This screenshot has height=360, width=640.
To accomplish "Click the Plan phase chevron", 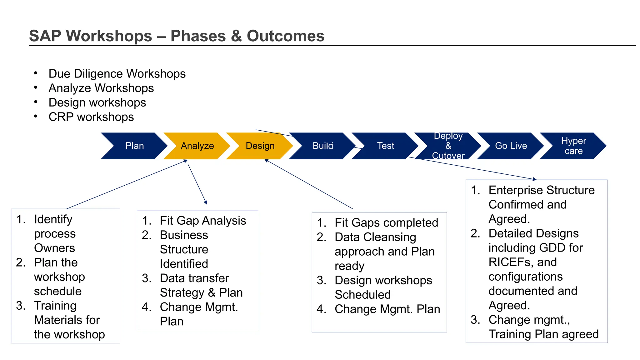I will [x=134, y=146].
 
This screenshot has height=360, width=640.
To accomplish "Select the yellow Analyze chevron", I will [x=197, y=146].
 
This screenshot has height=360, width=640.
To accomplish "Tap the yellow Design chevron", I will [x=260, y=146].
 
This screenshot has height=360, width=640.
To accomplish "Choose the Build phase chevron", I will [x=323, y=146].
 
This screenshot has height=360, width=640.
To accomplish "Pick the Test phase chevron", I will [x=385, y=146].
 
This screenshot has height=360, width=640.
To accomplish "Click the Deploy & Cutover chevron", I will [x=448, y=146].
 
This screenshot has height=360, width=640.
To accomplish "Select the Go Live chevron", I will [x=511, y=146].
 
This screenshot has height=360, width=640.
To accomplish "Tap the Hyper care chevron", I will [x=573, y=146].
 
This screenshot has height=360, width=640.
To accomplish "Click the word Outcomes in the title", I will [x=285, y=36].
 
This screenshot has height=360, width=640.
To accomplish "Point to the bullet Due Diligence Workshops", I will [x=117, y=74].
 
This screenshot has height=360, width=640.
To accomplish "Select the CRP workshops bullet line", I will [x=91, y=117].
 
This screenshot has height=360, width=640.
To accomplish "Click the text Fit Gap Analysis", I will [x=203, y=221].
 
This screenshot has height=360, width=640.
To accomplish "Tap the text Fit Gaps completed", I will [x=386, y=223].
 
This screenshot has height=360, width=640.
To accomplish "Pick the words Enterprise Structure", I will [x=542, y=190].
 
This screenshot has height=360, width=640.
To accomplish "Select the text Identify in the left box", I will [x=53, y=219].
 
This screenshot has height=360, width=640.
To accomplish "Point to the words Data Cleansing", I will [x=375, y=237].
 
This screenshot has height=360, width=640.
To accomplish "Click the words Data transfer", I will [x=194, y=278].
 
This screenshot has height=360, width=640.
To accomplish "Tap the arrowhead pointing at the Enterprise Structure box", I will [x=535, y=179].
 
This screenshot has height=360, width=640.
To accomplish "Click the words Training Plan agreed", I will [x=543, y=334].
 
